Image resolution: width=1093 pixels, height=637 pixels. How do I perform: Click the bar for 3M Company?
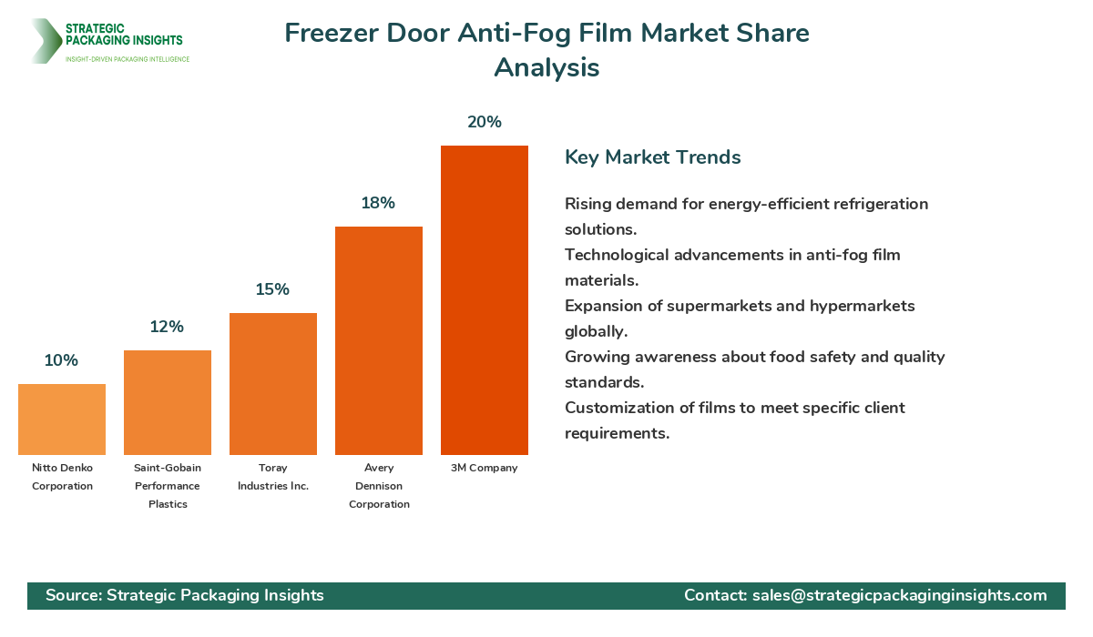484,300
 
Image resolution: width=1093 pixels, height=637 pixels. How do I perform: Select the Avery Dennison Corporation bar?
379,340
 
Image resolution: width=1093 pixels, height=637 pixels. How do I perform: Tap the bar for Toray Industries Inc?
273,384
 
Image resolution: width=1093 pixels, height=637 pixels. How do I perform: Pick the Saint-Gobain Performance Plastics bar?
168,402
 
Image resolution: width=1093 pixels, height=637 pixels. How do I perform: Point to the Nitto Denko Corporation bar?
62,420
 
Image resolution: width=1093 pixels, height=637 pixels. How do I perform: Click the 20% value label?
485,122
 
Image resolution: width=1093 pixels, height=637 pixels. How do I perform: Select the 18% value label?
378,203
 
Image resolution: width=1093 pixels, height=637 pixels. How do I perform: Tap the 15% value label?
272,289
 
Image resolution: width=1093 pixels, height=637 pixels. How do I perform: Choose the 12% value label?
167,327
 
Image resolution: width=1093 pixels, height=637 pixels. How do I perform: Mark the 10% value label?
61,360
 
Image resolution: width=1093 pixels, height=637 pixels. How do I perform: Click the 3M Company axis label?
484,468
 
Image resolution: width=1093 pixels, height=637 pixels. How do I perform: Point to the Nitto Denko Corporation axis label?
62,477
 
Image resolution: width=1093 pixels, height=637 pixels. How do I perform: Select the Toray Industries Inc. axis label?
273,477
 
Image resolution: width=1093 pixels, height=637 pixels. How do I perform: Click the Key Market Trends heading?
653,157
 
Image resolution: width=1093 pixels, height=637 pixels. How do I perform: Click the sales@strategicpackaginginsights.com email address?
899,595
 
